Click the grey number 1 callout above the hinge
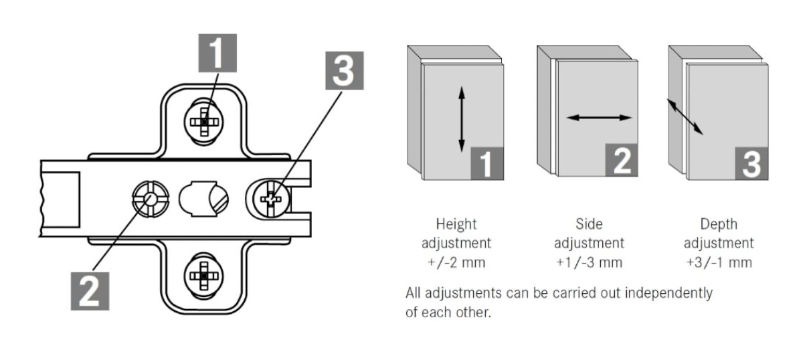pyautogui.click(x=217, y=53)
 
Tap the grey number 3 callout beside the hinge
pyautogui.click(x=345, y=71)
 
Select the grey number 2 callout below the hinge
pyautogui.click(x=90, y=291)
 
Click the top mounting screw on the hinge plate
pyautogui.click(x=204, y=122)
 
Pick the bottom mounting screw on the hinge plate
pyautogui.click(x=204, y=276)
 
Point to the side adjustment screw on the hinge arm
pyautogui.click(x=151, y=199)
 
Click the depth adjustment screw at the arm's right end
pyautogui.click(x=270, y=199)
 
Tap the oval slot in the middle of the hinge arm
pyautogui.click(x=203, y=199)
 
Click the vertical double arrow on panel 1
pyautogui.click(x=462, y=119)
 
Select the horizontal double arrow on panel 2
pyautogui.click(x=599, y=118)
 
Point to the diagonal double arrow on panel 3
pyautogui.click(x=685, y=117)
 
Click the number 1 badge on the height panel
pyautogui.click(x=487, y=163)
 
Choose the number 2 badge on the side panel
pyautogui.click(x=622, y=160)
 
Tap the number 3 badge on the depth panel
pyautogui.click(x=752, y=163)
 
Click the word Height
pyautogui.click(x=456, y=225)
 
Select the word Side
pyautogui.click(x=589, y=224)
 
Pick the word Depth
pyautogui.click(x=719, y=225)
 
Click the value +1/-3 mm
pyautogui.click(x=589, y=263)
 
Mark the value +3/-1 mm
pyautogui.click(x=719, y=263)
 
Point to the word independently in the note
pyautogui.click(x=668, y=293)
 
